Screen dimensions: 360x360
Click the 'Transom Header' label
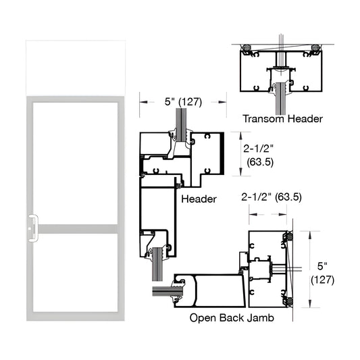[282, 119]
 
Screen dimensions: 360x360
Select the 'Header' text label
[199, 199]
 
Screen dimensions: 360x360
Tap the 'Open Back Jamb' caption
[232, 318]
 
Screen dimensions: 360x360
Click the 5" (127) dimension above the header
[183, 103]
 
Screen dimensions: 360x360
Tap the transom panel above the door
[76, 68]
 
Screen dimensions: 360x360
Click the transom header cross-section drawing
[280, 74]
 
